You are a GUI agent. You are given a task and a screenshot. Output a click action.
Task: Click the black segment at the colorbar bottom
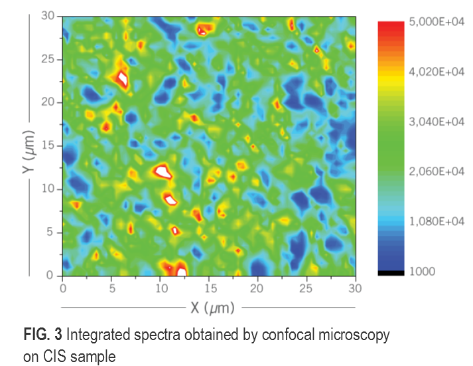pyautogui.click(x=391, y=272)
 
